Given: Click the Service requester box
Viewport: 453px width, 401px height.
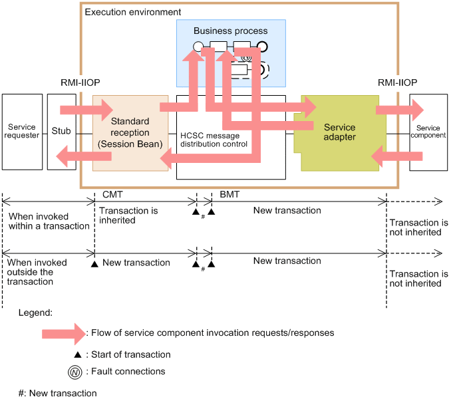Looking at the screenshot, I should [22, 132].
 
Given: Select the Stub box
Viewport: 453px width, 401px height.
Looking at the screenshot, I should [61, 132].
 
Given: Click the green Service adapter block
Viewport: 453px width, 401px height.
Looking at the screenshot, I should [339, 132].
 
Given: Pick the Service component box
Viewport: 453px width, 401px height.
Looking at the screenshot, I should [428, 132].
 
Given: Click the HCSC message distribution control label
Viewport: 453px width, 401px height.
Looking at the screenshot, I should [214, 139].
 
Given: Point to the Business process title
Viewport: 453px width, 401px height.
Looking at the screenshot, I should [230, 31].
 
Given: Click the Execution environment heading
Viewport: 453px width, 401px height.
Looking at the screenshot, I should [133, 12].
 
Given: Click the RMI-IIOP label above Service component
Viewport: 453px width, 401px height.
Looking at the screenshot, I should [397, 83].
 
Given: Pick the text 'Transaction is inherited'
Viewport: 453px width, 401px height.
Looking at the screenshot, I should [128, 215].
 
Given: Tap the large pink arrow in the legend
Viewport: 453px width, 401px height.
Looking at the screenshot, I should [64, 333].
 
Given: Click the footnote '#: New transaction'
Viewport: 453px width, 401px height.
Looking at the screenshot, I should [58, 393].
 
